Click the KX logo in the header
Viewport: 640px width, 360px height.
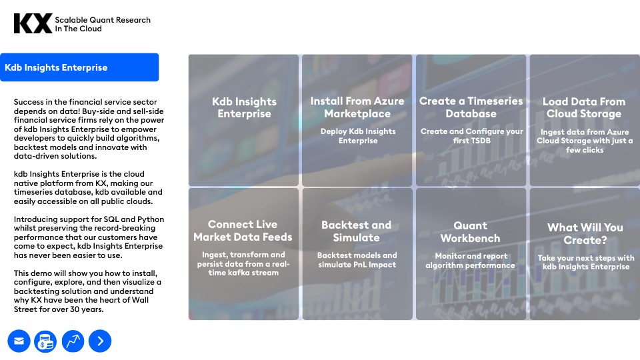33,24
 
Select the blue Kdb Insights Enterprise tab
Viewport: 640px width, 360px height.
79,67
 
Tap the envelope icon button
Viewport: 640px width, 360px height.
19,341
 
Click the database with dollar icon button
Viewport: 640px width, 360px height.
46,341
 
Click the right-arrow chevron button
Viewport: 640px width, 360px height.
100,341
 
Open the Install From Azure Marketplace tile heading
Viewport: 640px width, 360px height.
357,107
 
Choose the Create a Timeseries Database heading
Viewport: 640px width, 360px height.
471,107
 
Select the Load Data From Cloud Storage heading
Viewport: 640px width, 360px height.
584,107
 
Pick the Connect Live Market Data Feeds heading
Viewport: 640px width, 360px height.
243,231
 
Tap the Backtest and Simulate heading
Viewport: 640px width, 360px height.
356,231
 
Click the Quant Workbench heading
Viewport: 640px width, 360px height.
470,232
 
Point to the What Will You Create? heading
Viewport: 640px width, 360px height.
585,233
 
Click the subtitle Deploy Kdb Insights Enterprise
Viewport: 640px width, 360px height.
358,136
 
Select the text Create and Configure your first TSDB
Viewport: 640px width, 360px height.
471,136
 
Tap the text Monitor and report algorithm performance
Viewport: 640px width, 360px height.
470,261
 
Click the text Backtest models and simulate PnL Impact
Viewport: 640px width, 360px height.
357,260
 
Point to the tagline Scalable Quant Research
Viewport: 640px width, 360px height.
103,20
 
